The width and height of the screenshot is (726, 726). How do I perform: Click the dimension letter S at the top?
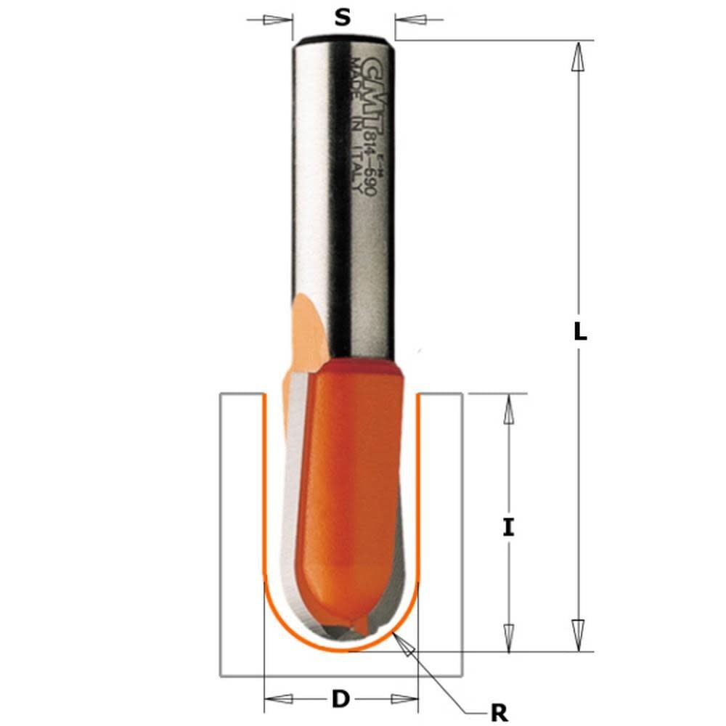343,17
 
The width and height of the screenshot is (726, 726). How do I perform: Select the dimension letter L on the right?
579,333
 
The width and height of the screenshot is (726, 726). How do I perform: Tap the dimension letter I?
508,528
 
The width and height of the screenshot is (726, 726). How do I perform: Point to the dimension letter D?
340,699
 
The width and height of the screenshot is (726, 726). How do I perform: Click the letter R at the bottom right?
499,713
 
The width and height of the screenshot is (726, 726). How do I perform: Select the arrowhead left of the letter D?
279,699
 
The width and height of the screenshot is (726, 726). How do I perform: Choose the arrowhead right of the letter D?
404,699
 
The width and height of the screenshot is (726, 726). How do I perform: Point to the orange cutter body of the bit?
348,494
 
